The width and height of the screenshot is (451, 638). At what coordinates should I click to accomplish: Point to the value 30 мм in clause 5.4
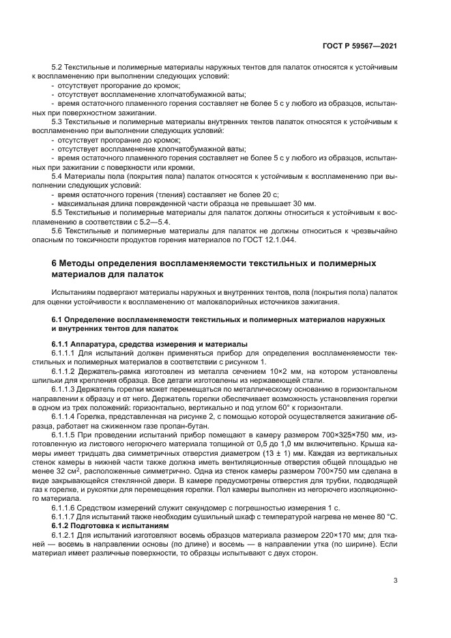point(304,204)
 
